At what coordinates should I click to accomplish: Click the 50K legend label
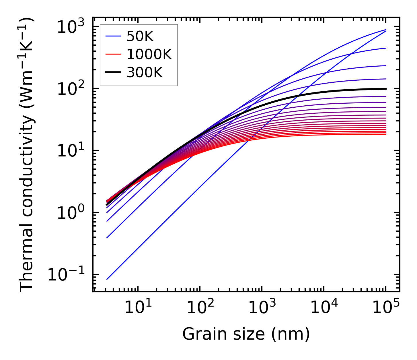pyautogui.click(x=140, y=36)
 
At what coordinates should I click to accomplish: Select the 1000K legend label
pyautogui.click(x=149, y=55)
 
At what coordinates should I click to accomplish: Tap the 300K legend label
pyautogui.click(x=145, y=73)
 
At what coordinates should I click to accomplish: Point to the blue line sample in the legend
pyautogui.click(x=113, y=36)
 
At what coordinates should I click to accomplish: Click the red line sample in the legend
pyautogui.click(x=113, y=55)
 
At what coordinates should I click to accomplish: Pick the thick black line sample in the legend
pyautogui.click(x=113, y=73)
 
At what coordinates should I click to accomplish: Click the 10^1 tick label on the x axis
pyautogui.click(x=138, y=308)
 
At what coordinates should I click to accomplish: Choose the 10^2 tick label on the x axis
pyautogui.click(x=200, y=308)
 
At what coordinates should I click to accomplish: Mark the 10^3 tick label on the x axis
pyautogui.click(x=262, y=308)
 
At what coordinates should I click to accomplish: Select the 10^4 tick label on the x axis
pyautogui.click(x=324, y=308)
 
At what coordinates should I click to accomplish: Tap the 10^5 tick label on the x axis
pyautogui.click(x=385, y=308)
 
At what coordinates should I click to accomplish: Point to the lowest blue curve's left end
pyautogui.click(x=107, y=279)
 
